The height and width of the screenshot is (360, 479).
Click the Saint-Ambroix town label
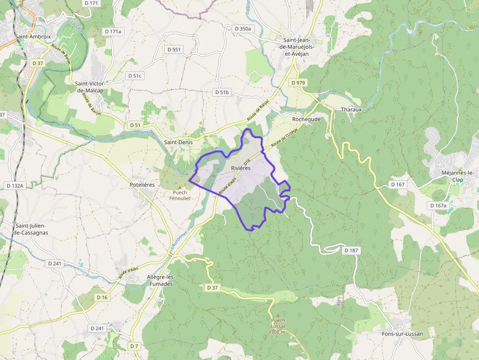pyautogui.click(x=33, y=36)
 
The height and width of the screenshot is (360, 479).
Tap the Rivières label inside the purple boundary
pyautogui.click(x=240, y=168)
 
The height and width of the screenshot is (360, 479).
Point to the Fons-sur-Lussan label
pyautogui.click(x=402, y=334)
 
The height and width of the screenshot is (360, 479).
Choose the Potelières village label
pyautogui.click(x=143, y=185)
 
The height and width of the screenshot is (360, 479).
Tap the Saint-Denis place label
pyautogui.click(x=178, y=142)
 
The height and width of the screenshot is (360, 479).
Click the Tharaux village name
pyautogui.click(x=351, y=109)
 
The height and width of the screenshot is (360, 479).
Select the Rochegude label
pyautogui.click(x=306, y=119)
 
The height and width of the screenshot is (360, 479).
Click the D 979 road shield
pyautogui.click(x=298, y=83)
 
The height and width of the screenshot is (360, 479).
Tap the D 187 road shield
pyautogui.click(x=351, y=251)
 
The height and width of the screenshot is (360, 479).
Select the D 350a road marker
pyautogui.click(x=243, y=29)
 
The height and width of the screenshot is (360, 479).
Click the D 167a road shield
pyautogui.click(x=438, y=206)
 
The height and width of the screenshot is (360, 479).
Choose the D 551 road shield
pyautogui.click(x=174, y=49)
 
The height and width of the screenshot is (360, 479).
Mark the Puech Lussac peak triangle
pyautogui.click(x=278, y=315)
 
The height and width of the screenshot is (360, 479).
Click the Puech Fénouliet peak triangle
pyautogui.click(x=179, y=187)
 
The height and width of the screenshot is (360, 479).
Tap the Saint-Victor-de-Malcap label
pyautogui.click(x=93, y=86)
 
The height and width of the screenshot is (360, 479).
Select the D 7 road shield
pyautogui.click(x=134, y=346)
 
